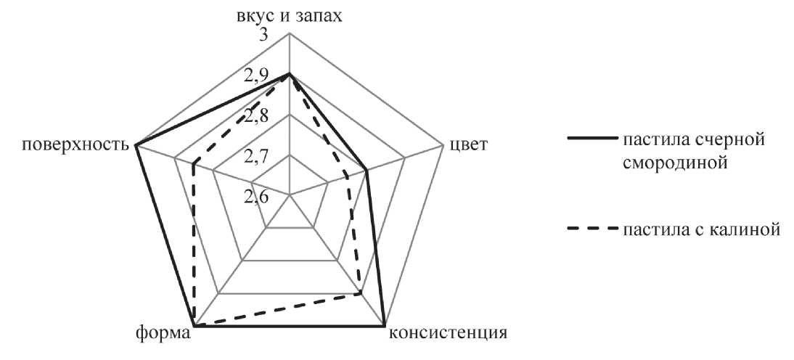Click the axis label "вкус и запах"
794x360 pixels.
point(288,15)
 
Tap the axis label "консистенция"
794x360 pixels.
point(447,334)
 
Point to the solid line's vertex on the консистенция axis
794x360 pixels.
point(385,326)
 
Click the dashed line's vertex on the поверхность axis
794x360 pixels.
point(194,164)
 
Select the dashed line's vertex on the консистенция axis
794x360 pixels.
point(361,293)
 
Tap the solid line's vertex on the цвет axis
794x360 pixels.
point(367,171)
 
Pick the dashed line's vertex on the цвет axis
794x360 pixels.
point(348,176)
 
